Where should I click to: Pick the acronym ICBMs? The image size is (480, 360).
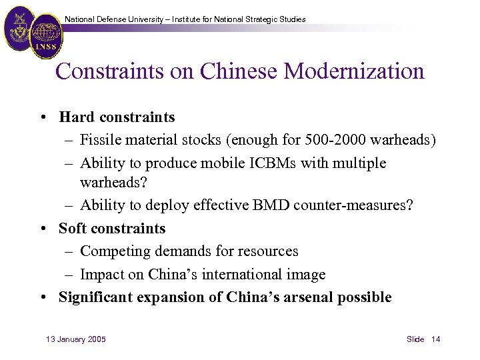coord(263,163)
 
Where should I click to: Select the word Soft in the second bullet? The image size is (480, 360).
coord(73,229)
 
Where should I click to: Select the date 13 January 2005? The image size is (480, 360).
coord(75,339)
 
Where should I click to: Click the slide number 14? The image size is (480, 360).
coord(435,339)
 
